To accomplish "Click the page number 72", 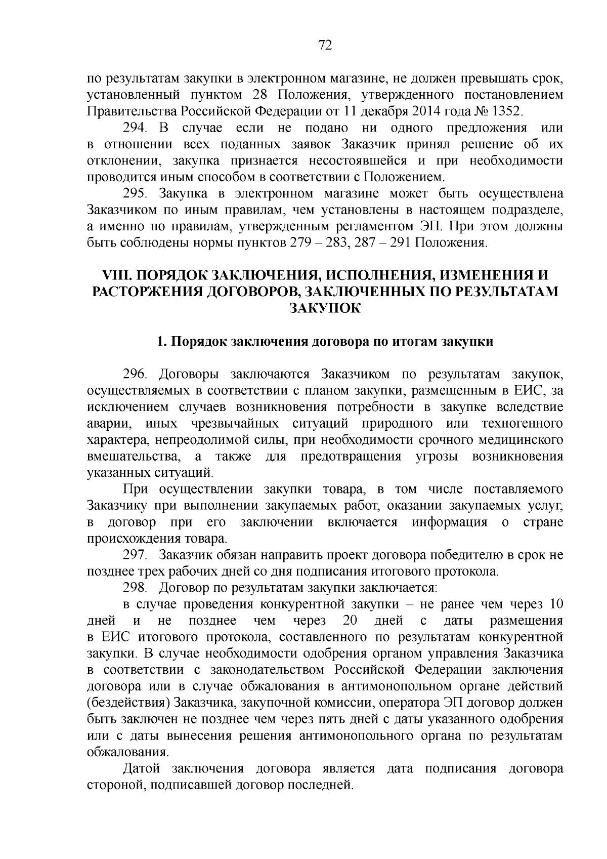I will click(325, 46).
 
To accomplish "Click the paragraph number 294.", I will click(136, 128).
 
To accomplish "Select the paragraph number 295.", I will click(136, 193).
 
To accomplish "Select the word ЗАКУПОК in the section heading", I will click(325, 308).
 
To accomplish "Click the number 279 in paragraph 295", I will click(301, 243).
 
